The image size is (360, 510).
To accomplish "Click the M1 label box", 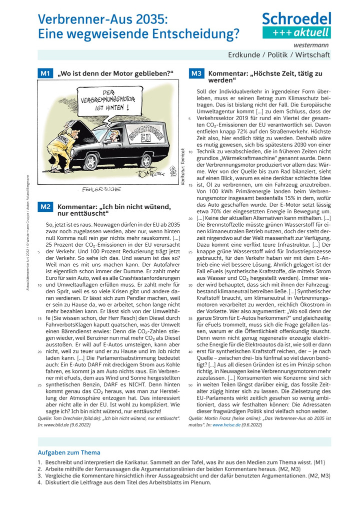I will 45,74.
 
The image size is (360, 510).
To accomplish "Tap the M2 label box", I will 45,206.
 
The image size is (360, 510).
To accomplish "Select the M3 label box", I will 196,74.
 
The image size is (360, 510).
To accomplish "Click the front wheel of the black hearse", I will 92,161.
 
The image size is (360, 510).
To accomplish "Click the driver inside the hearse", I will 113,136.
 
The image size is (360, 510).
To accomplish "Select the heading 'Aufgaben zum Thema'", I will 69,452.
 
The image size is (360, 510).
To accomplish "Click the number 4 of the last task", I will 39,483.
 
